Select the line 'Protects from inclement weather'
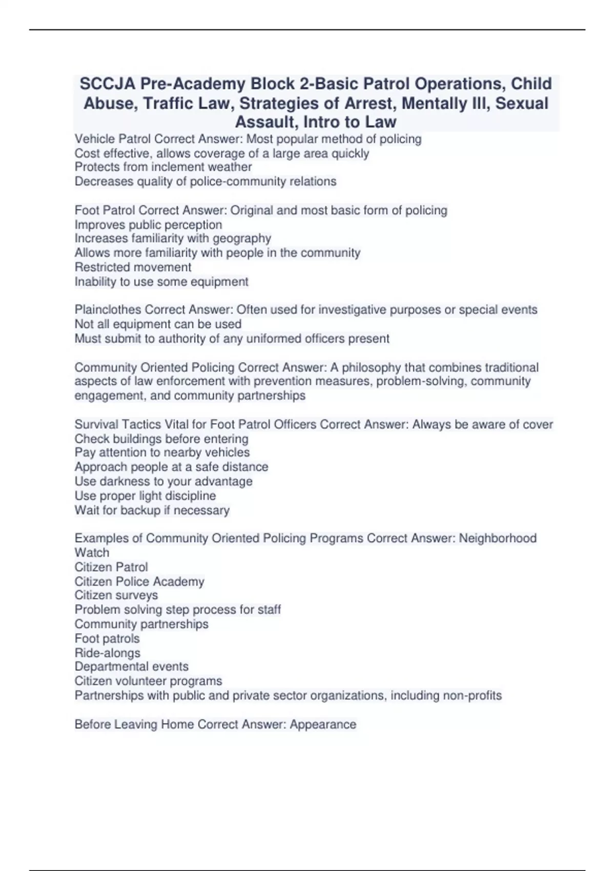pos(163,167)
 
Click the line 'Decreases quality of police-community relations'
pos(206,181)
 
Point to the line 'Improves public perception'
pos(148,225)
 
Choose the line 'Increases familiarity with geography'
pos(173,238)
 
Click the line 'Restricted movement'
pos(133,267)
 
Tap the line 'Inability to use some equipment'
pos(161,282)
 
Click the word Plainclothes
pos(108,309)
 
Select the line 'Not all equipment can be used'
pos(158,324)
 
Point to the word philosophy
pos(371,367)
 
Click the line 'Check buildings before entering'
pos(161,439)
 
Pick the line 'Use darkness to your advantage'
pos(163,482)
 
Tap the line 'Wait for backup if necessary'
pos(152,510)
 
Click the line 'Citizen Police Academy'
pos(139,582)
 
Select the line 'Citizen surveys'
pos(116,595)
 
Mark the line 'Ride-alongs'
pos(107,653)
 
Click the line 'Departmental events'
pos(132,667)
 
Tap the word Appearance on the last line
pos(323,724)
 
